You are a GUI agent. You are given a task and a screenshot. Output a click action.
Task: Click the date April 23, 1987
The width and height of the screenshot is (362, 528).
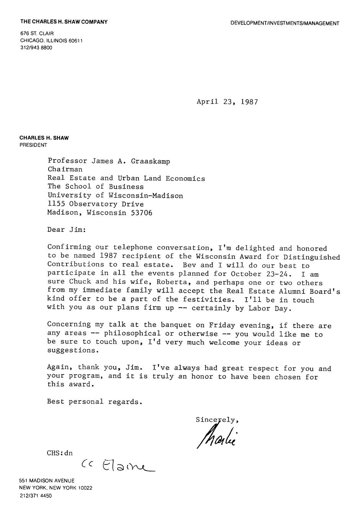coord(227,102)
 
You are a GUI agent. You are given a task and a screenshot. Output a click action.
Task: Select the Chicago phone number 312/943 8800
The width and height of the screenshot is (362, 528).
coord(36,48)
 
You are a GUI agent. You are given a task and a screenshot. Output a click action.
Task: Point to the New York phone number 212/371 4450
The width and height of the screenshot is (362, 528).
coord(36,495)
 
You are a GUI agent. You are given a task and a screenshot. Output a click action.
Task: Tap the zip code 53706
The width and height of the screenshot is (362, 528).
coord(141,213)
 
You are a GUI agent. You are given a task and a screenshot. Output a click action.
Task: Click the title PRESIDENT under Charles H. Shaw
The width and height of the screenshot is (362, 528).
coord(33,145)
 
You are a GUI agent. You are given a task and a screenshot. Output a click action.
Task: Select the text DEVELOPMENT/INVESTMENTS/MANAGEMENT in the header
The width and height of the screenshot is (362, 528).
coord(285,23)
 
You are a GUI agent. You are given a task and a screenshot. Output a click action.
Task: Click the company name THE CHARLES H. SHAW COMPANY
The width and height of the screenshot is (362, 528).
coord(64,22)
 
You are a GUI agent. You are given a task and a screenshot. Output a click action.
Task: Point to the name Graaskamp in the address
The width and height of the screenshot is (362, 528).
coord(150,161)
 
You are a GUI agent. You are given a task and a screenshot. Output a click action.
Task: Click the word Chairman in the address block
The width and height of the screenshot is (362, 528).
coord(65,169)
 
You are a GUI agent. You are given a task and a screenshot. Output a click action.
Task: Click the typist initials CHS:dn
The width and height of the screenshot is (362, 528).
coord(60,453)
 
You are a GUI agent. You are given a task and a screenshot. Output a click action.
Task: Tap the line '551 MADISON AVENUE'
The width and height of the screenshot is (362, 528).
coord(47,481)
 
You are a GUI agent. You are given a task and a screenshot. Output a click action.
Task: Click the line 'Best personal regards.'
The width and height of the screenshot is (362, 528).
coord(95,402)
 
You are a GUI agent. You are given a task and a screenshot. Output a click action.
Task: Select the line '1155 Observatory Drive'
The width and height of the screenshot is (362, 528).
coord(95,204)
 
